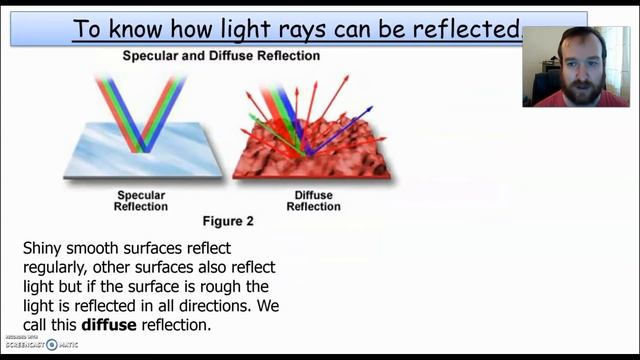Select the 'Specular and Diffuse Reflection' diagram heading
(221, 56)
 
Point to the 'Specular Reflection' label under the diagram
(141, 200)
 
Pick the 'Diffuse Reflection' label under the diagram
(313, 200)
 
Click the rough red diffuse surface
(310, 160)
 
